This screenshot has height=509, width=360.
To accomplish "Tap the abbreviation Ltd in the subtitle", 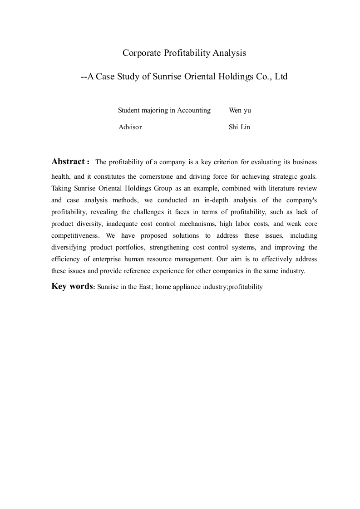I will point(281,77).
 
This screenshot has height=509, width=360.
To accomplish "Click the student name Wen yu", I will point(240,110).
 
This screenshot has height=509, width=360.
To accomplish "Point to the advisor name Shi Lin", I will point(240,127).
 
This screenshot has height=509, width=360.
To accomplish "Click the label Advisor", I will point(130,127).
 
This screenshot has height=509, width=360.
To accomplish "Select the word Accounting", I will point(194,110).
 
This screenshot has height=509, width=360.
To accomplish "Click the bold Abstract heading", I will point(69,162).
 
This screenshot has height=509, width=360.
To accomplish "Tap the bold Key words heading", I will point(72,286).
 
